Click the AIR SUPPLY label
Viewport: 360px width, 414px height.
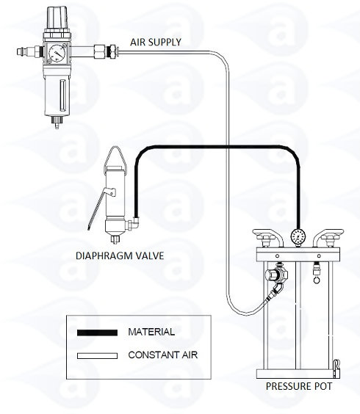click(156, 43)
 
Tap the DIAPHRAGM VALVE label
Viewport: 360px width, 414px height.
click(120, 256)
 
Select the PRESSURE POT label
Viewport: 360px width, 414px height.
click(299, 386)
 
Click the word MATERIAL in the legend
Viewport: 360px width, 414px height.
click(151, 332)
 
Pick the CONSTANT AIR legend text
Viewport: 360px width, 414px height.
click(163, 355)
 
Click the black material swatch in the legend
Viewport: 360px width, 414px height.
click(97, 333)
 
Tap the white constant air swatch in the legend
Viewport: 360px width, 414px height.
click(97, 356)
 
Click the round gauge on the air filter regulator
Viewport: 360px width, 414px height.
click(57, 53)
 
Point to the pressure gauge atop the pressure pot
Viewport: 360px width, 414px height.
click(298, 236)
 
